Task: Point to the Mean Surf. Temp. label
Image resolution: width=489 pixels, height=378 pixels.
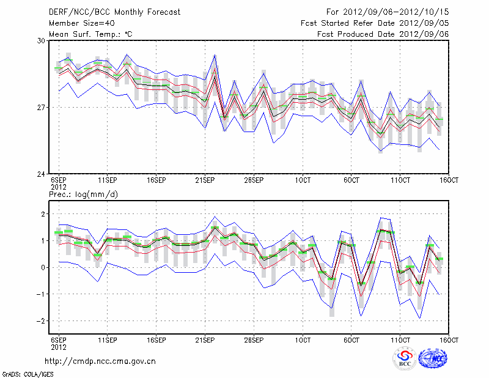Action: coord(90,34)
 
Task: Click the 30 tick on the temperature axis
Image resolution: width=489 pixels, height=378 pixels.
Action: coord(41,40)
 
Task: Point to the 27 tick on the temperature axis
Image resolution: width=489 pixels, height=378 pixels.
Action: coord(41,107)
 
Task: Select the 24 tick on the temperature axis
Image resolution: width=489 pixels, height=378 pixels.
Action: coord(41,174)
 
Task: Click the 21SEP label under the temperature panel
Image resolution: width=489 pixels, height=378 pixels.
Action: coord(205,180)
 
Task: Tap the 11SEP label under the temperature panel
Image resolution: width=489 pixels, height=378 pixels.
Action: coord(108,180)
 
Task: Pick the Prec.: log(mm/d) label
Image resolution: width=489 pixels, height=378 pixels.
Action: coord(83,194)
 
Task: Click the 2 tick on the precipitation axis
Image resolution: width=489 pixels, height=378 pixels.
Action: coord(43,213)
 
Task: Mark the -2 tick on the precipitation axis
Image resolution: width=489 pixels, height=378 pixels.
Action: coord(41,321)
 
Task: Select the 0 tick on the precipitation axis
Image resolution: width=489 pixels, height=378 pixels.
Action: coord(43,267)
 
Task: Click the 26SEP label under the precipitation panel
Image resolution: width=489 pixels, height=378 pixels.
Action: coord(254,339)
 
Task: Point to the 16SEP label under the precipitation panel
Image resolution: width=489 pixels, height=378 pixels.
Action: coord(156,339)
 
